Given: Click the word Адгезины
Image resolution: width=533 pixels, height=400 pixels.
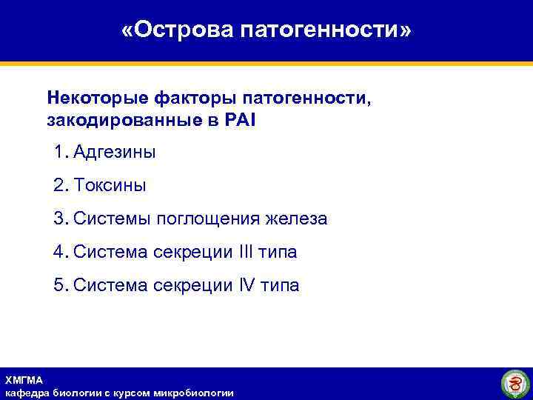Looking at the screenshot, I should pos(115,153).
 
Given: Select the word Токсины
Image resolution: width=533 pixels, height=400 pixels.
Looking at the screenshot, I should pos(110,186).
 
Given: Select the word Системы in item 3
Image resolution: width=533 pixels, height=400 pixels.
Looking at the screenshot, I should pos(110,219).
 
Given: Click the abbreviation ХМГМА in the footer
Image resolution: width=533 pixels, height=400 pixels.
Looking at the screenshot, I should pos(24,380).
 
